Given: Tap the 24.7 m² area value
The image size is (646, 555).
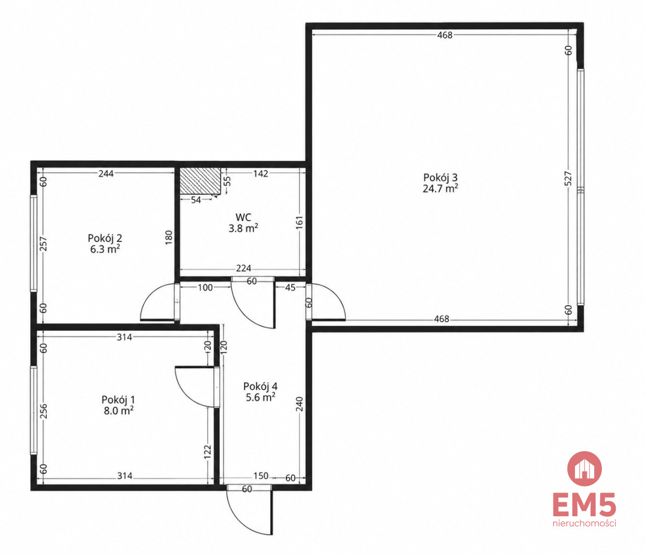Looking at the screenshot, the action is tap(441, 188).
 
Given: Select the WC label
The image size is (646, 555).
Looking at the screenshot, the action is tap(243, 217).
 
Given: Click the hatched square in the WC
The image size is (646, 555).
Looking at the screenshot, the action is tap(200, 181).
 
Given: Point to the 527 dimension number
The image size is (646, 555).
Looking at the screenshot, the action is tap(568, 178).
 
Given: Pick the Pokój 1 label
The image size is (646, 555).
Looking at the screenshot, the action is tap(118, 399).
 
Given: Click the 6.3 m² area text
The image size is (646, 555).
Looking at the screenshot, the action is tap(105, 249).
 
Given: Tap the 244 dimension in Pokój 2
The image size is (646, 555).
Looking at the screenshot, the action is tap(106, 173).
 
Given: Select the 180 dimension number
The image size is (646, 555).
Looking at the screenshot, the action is tap(168, 237).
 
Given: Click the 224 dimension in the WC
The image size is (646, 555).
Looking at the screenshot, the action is tap(243, 268).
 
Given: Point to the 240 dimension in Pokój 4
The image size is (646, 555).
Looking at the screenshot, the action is tap(299, 405).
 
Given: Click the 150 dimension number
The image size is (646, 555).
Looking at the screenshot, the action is tap(261, 476).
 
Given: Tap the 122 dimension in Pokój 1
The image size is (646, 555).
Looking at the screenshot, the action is tap(207, 452).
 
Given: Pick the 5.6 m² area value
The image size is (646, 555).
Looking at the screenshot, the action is tap(261, 397).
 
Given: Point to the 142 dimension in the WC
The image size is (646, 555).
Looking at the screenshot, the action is tap(261, 173).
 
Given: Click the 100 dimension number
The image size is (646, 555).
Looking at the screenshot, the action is tap(205, 287).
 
